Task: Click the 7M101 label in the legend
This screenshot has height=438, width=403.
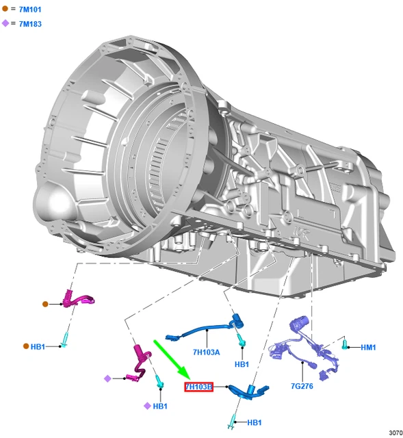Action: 30,10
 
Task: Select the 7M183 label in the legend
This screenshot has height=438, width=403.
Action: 30,24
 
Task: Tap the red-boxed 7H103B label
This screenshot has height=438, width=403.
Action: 198,387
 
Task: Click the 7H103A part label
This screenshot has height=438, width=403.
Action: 207,352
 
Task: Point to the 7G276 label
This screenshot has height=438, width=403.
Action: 302,386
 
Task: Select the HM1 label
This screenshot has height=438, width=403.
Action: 368,347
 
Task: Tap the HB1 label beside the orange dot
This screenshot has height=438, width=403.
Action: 38,347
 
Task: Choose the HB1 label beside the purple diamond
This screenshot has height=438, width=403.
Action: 160,406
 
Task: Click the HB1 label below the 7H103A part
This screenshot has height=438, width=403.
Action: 242,364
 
